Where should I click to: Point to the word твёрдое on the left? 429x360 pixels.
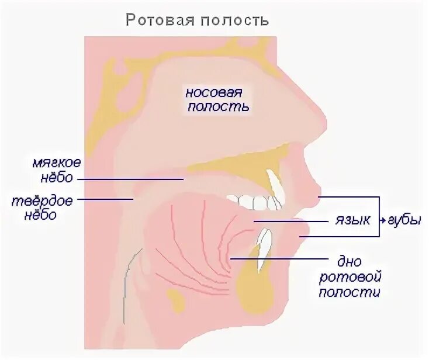[x=43, y=201]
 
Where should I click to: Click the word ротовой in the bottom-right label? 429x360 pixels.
[x=350, y=275]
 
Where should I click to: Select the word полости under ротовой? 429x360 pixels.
[x=350, y=292]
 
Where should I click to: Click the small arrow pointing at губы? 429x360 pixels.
[x=382, y=221]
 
